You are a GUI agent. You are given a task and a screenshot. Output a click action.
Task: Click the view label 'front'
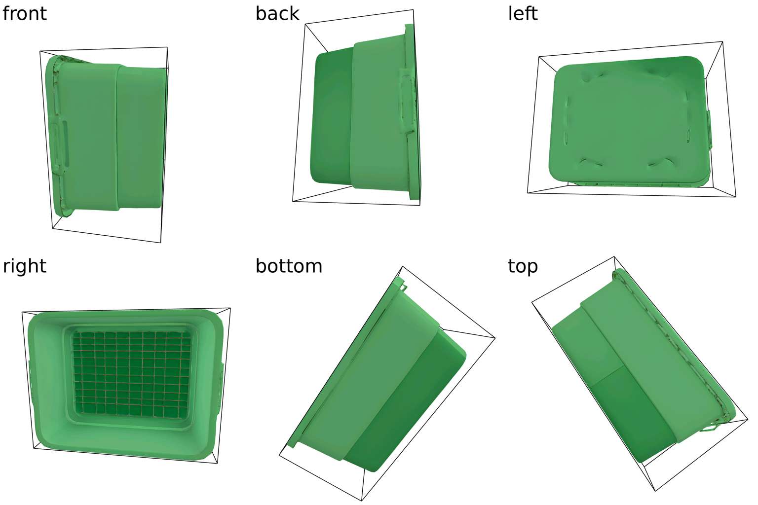pos(24,13)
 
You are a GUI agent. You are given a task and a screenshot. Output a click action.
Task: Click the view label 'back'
pos(277,13)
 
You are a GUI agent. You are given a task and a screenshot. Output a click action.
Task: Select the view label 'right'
pos(24,266)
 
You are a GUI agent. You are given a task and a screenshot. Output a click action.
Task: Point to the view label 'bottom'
pos(289,266)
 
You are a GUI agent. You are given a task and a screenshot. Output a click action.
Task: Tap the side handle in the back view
pos(406,101)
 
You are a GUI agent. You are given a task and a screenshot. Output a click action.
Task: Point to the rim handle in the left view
pos(710,129)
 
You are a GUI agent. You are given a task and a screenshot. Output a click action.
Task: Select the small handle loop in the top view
pos(709,428)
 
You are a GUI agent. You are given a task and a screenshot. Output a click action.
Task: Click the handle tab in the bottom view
pos(402,285)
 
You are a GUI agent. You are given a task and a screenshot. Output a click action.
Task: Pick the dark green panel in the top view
pos(629,409)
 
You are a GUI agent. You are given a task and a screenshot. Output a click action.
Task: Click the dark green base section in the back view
pos(332,118)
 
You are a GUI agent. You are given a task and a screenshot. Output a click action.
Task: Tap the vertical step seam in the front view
pos(117,138)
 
